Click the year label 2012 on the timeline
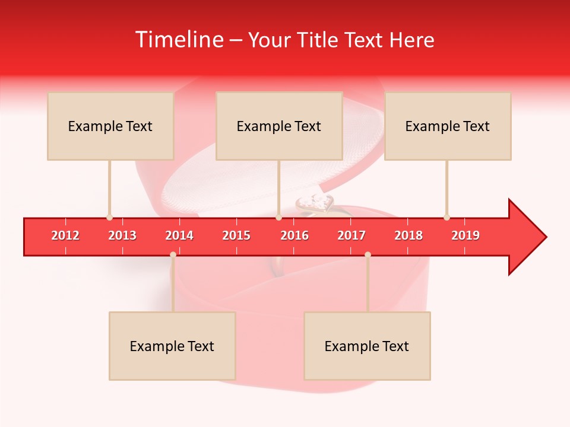click(65, 235)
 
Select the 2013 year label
click(122, 235)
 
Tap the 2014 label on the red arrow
click(179, 235)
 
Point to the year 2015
click(236, 235)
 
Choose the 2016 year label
click(294, 235)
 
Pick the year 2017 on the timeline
click(351, 235)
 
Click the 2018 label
click(408, 235)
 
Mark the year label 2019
click(465, 235)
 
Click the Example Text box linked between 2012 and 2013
click(110, 126)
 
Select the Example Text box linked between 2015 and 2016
click(279, 126)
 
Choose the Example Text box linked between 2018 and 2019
click(448, 126)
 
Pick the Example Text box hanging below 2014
click(172, 346)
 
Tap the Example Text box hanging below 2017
click(367, 346)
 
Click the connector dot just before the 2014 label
click(173, 254)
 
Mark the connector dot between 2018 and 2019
click(446, 217)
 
